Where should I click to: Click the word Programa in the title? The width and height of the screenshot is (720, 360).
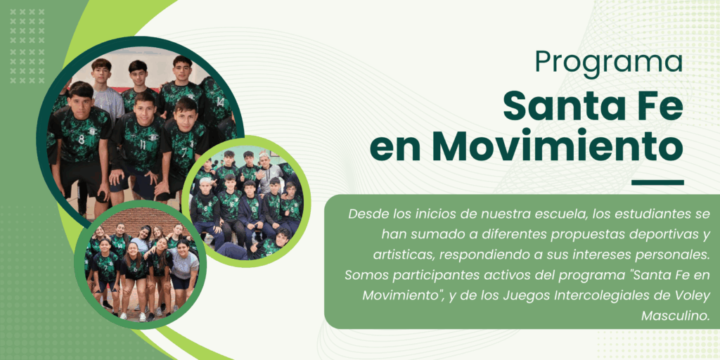609,61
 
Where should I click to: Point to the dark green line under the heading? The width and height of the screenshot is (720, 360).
657,182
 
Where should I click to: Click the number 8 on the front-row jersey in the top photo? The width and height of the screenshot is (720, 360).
81,139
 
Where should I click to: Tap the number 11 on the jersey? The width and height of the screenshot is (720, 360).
143,146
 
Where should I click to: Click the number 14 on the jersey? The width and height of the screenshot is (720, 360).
220,102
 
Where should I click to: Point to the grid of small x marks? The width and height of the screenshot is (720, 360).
27,46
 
